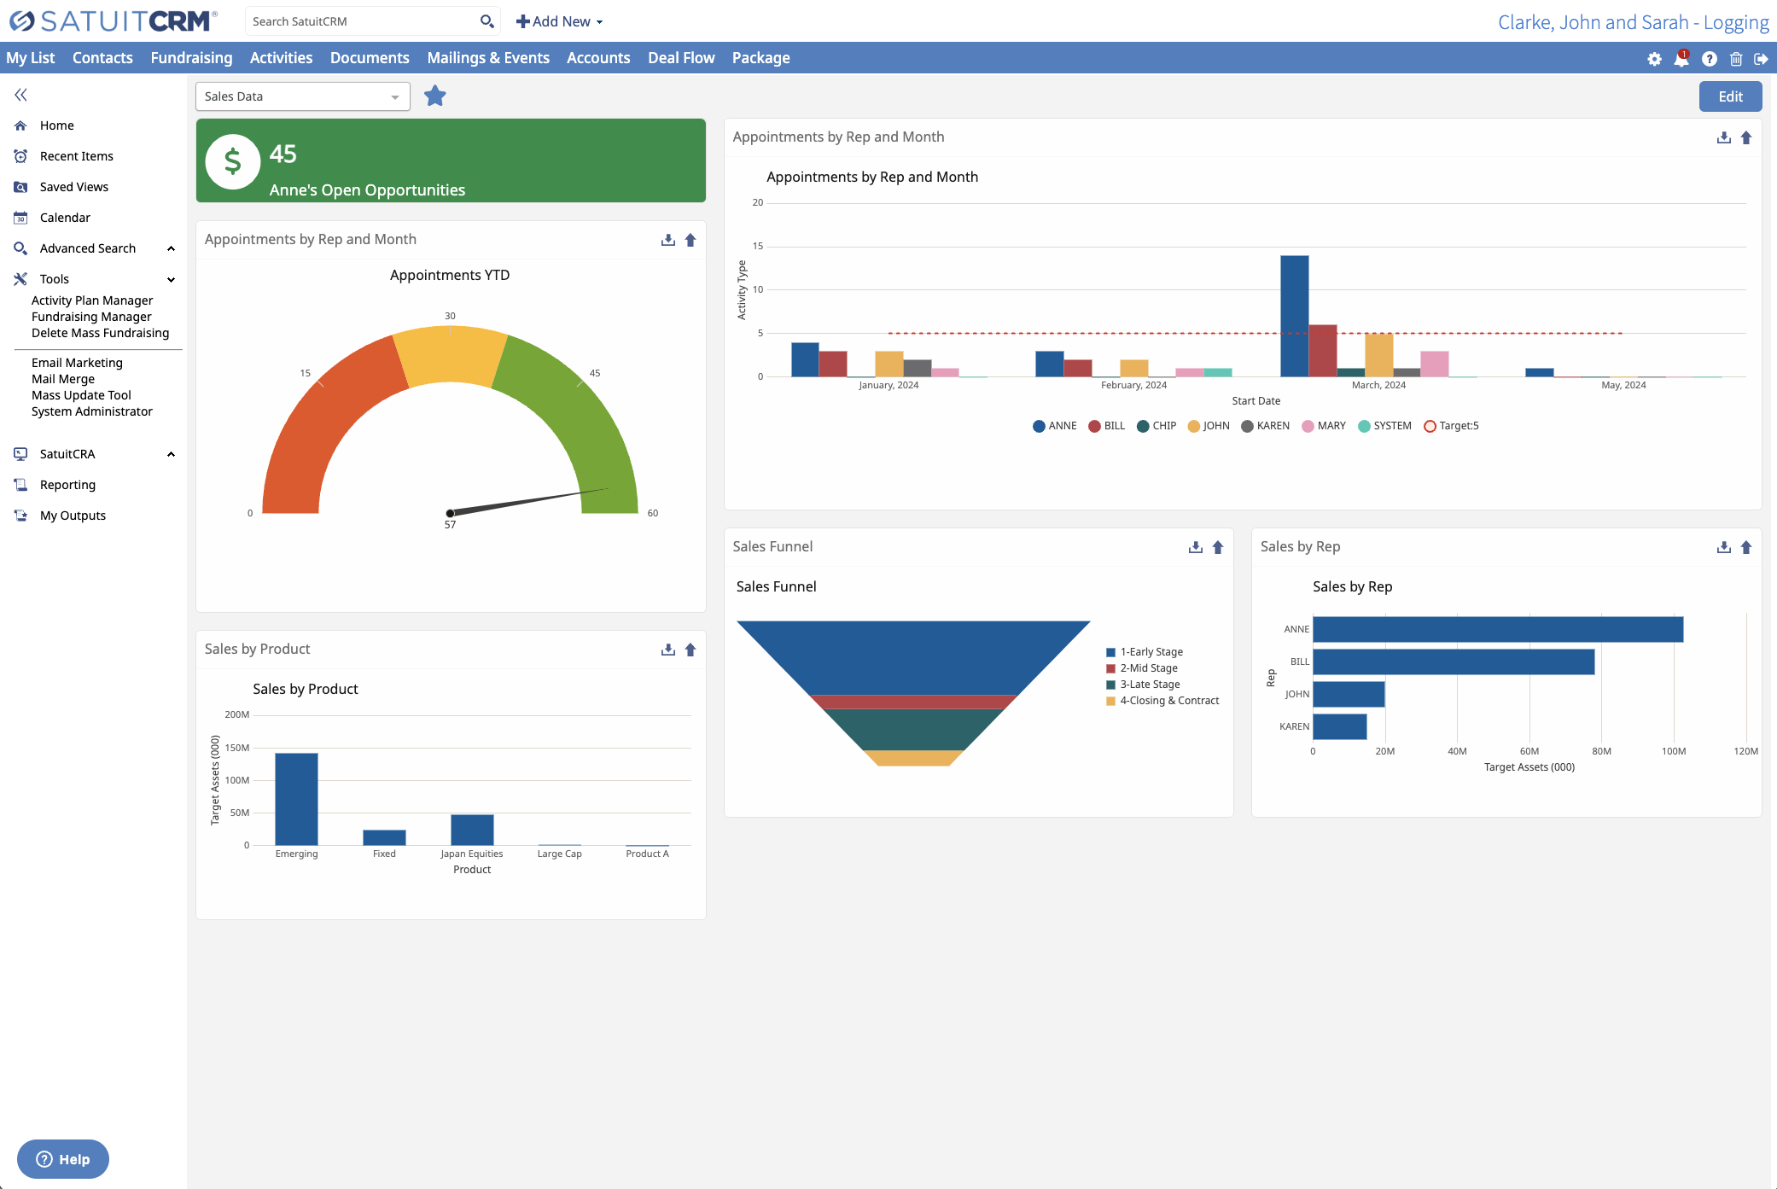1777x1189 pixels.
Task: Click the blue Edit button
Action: tap(1729, 96)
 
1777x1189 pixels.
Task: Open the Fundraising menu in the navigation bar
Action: tap(191, 58)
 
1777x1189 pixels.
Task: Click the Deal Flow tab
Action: tap(680, 58)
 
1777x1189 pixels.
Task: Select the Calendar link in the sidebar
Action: tap(65, 218)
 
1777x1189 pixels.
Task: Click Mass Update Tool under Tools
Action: tap(81, 395)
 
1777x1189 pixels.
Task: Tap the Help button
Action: tap(63, 1159)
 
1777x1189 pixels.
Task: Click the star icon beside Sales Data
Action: tap(435, 96)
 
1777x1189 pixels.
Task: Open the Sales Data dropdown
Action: tap(302, 96)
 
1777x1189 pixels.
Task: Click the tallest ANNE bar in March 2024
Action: tap(1294, 316)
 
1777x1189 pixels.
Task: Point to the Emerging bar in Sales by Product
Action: tap(296, 798)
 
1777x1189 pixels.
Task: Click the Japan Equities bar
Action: tap(472, 830)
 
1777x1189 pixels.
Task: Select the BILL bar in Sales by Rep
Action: tap(1453, 662)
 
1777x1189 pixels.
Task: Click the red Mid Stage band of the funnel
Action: tap(912, 702)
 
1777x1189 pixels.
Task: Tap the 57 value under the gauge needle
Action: tap(450, 525)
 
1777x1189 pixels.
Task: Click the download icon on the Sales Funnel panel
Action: tap(1195, 547)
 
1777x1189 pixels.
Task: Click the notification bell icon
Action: tap(1681, 59)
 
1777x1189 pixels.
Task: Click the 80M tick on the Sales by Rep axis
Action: tap(1601, 751)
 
